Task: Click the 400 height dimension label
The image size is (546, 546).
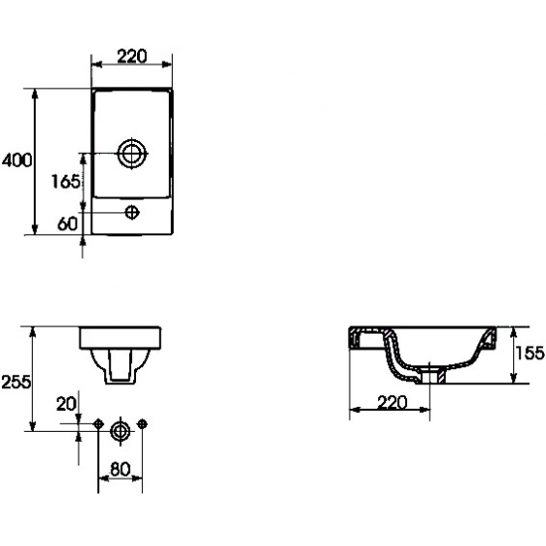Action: point(17,160)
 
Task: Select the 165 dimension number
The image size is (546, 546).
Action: point(66,182)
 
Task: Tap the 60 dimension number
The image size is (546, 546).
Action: point(68,223)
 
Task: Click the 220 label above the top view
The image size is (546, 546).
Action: point(132,57)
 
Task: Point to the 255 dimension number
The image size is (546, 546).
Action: point(16,382)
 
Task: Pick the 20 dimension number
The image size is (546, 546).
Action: point(66,404)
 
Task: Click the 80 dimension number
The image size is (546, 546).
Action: point(120,469)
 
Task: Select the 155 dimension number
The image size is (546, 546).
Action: point(530,352)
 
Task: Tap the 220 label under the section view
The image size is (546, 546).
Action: point(392,402)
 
